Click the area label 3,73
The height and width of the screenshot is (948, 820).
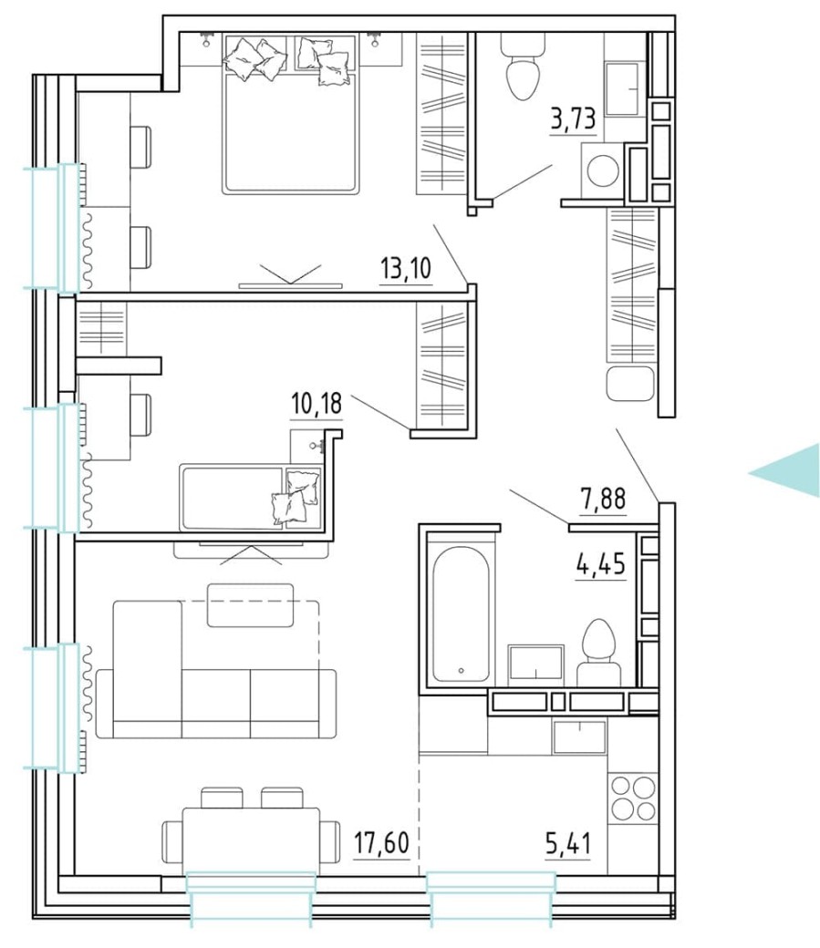coord(573,119)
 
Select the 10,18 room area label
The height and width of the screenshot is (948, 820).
coord(317,403)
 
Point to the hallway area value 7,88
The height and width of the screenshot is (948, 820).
coord(603,500)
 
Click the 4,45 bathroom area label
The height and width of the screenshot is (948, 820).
coord(600,566)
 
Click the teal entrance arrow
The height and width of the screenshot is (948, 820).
coord(789,470)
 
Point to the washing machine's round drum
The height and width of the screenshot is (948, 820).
coord(603,170)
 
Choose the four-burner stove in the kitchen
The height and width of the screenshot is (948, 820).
coord(632,798)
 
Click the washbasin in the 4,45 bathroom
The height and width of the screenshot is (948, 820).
coord(536,662)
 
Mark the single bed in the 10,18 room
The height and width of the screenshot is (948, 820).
coord(250,497)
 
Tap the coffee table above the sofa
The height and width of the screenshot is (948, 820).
coord(250,605)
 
